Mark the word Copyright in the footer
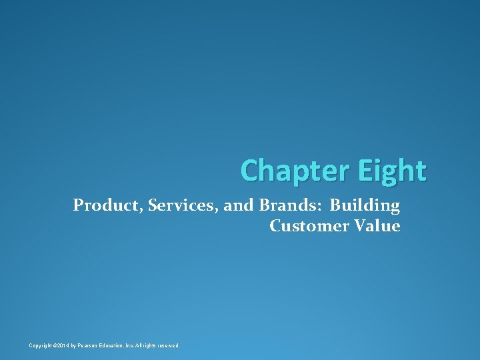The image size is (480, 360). pyautogui.click(x=41, y=345)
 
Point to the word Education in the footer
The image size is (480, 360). pyautogui.click(x=120, y=345)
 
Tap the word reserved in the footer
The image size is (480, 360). pyautogui.click(x=167, y=345)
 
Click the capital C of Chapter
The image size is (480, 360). pyautogui.click(x=249, y=171)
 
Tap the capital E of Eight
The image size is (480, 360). pyautogui.click(x=365, y=171)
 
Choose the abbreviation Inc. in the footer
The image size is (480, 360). pyautogui.click(x=138, y=345)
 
